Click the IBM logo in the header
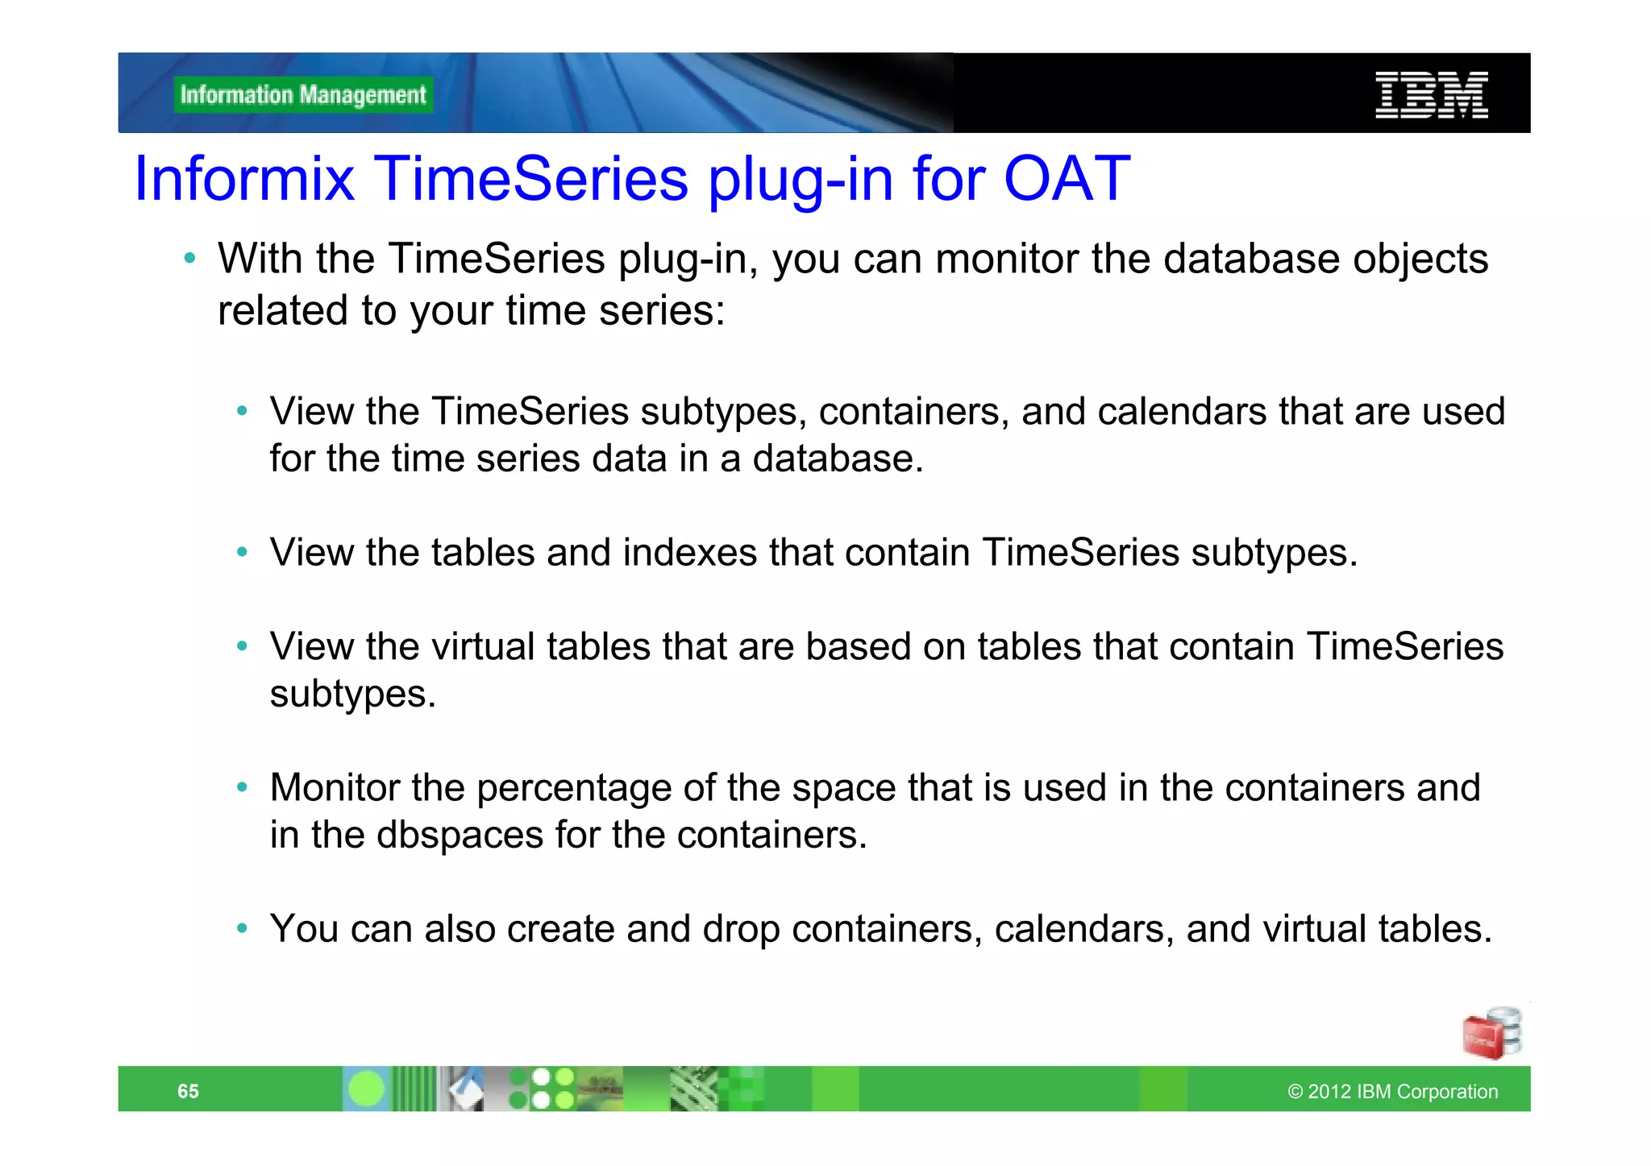(x=1431, y=95)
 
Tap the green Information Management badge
(x=303, y=95)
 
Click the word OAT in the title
(x=1067, y=178)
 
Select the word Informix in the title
(x=244, y=178)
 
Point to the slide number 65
(x=188, y=1091)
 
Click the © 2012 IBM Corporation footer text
(x=1392, y=1091)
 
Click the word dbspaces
(x=460, y=835)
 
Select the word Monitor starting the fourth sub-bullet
(x=335, y=787)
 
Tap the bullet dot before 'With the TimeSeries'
(x=189, y=259)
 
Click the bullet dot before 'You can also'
(x=242, y=928)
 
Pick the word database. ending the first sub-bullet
(x=838, y=459)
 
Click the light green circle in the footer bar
(x=367, y=1089)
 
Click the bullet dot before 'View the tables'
(x=242, y=553)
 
